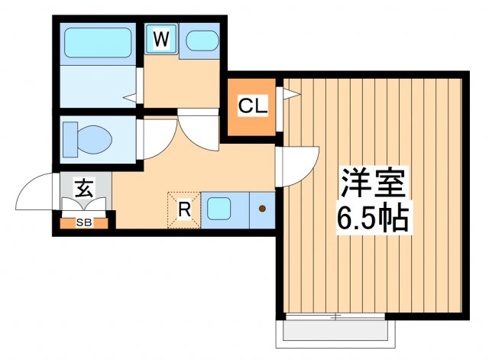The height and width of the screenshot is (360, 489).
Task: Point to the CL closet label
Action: coord(252,107)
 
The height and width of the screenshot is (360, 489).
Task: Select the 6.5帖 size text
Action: coord(374,219)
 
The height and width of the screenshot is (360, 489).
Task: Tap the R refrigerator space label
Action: coord(184,207)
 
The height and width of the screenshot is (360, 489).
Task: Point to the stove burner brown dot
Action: coord(262,208)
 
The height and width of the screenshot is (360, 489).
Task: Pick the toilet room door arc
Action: coord(157,138)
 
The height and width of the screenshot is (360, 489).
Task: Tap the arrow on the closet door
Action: coord(291,94)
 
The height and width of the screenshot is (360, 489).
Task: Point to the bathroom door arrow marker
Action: coord(131,97)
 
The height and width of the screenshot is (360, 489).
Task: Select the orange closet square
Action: coord(252,108)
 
